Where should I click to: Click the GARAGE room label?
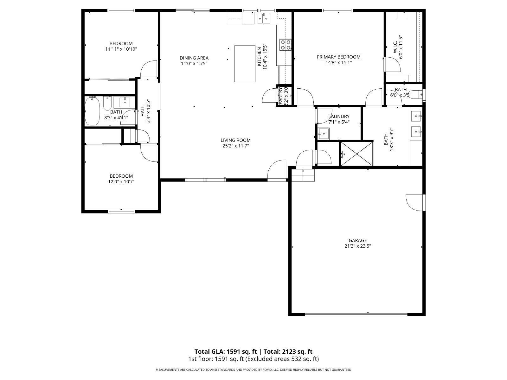[x=357, y=240]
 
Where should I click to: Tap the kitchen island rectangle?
[x=245, y=63]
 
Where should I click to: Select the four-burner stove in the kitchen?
[x=285, y=45]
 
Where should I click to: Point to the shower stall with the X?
[x=356, y=154]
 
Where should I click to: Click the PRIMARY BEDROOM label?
[x=338, y=57]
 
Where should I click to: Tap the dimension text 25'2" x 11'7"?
[x=235, y=146]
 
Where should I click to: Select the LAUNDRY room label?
[x=339, y=117]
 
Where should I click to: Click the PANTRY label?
[x=280, y=95]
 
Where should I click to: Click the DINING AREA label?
[x=194, y=58]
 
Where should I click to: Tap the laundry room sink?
[x=324, y=134]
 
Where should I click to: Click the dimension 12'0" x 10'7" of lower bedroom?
[x=121, y=182]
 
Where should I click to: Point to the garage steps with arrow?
[x=303, y=175]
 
